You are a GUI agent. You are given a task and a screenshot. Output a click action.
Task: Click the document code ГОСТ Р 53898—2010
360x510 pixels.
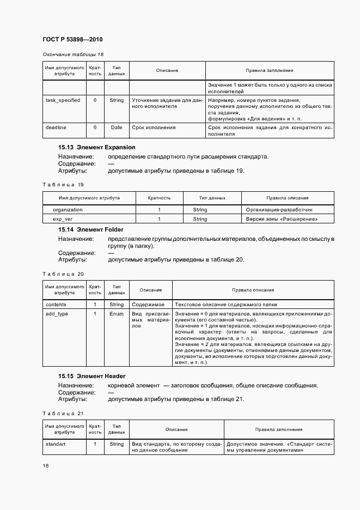tap(72, 39)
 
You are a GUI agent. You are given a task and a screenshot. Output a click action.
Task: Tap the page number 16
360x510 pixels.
tap(46, 465)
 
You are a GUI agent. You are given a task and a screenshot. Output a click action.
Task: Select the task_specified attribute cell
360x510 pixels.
tap(63, 100)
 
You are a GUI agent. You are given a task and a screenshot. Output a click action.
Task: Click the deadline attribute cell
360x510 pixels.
tap(56, 127)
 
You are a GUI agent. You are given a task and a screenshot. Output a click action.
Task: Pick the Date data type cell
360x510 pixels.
tap(117, 127)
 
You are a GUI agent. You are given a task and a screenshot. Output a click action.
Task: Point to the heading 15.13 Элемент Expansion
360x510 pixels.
tap(97, 148)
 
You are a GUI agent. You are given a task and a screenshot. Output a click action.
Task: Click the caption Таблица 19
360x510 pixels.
tap(63, 185)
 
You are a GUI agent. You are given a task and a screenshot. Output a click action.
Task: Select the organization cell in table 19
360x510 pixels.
tap(68, 209)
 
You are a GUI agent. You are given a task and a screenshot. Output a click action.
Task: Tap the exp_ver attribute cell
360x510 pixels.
tap(63, 219)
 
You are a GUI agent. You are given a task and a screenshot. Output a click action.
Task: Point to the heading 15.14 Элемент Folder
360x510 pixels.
tap(91, 230)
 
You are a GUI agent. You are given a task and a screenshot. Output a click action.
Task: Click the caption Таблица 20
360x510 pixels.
tap(63, 274)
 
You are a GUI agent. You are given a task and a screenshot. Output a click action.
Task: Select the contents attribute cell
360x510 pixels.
tap(56, 305)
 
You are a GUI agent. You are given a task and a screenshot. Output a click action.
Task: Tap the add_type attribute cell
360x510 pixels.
tap(57, 314)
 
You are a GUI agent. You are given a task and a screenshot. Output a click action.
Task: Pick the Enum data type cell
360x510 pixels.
tap(117, 314)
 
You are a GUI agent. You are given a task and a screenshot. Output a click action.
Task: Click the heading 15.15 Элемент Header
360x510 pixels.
tap(92, 376)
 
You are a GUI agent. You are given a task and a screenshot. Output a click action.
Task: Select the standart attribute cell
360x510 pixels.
tap(56, 444)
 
